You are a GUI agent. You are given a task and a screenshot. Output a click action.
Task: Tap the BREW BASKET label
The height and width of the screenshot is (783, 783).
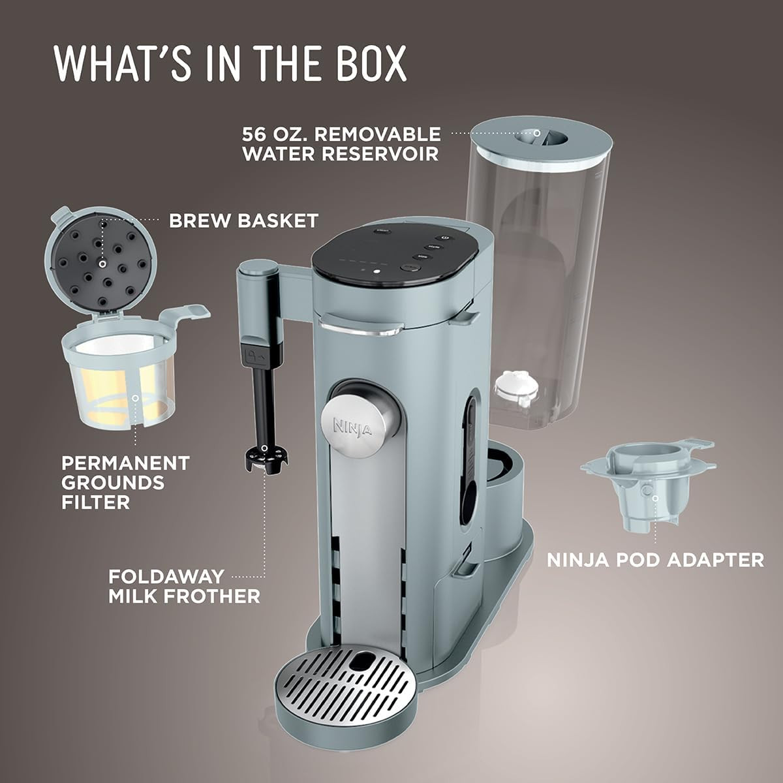point(243,221)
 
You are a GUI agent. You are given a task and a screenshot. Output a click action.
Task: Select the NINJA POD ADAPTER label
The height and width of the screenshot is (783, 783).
point(655,560)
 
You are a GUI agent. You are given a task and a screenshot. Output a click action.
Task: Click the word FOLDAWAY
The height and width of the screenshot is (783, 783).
point(166,577)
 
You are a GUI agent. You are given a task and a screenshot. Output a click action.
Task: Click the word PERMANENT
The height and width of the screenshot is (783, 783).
point(125,463)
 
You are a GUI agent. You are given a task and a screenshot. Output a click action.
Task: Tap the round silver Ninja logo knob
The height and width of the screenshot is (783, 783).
point(353,427)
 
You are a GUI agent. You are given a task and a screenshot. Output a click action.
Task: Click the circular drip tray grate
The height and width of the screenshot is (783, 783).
point(345,656)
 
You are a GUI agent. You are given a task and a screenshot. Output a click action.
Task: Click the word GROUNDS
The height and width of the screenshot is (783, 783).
point(113,483)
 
